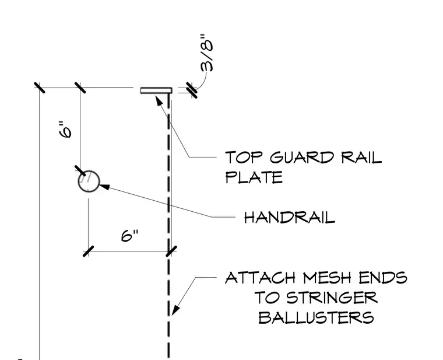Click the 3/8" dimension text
(207, 53)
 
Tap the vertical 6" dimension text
(65, 130)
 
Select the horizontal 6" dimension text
(129, 235)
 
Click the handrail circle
(89, 181)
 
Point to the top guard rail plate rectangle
(156, 90)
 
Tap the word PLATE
(254, 177)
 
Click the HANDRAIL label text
(290, 218)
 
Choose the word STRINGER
(332, 298)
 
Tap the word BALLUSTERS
(316, 317)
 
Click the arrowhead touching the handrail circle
(104, 187)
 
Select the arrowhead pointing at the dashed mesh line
(175, 310)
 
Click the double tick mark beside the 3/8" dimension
(192, 90)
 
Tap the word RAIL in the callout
(361, 157)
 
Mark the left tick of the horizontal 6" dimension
(88, 251)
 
